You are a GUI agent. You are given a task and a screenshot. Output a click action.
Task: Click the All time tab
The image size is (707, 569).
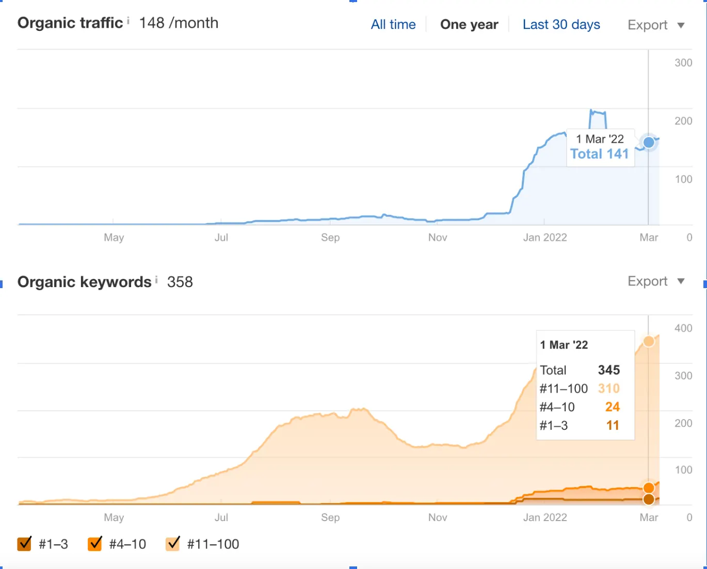[393, 25]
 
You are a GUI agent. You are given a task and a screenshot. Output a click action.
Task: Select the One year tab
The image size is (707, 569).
[469, 25]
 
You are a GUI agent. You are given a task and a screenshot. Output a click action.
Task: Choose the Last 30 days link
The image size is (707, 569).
[561, 25]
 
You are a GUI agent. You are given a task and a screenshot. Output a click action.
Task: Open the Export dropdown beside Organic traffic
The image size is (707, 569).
[655, 25]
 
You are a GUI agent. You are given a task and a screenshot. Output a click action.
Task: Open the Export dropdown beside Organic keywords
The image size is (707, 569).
[655, 281]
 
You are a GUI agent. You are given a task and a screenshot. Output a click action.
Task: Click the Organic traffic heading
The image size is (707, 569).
[70, 23]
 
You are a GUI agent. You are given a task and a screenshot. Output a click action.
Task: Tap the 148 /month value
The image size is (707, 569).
[179, 23]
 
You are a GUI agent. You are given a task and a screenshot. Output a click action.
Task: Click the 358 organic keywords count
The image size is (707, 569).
[180, 282]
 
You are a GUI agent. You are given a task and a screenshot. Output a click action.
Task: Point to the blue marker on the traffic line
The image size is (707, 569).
[649, 142]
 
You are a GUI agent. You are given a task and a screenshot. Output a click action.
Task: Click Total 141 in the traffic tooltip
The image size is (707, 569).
[599, 154]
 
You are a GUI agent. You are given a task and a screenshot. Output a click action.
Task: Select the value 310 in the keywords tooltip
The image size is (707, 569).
[608, 389]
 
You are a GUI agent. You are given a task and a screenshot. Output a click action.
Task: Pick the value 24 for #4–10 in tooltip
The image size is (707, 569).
[612, 407]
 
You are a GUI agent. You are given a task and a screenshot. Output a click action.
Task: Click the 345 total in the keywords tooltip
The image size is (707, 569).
[608, 370]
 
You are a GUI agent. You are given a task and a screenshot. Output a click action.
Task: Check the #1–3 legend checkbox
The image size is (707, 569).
[24, 544]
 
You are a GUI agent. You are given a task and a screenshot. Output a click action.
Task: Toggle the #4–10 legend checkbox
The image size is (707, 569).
[95, 544]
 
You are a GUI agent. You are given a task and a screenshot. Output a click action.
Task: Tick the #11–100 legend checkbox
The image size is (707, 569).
[173, 544]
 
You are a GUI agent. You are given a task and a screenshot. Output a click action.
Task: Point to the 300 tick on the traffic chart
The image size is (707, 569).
[683, 63]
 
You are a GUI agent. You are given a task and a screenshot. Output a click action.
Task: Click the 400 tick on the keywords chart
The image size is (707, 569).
[683, 328]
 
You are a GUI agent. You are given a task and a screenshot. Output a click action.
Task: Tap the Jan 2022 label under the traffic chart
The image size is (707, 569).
[544, 238]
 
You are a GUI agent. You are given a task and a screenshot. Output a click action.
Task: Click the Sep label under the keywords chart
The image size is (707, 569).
[330, 517]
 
